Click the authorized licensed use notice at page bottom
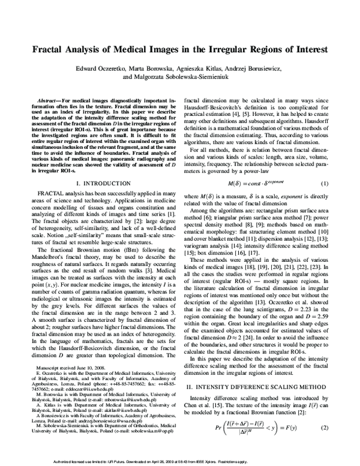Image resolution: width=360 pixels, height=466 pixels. click(x=179, y=461)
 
